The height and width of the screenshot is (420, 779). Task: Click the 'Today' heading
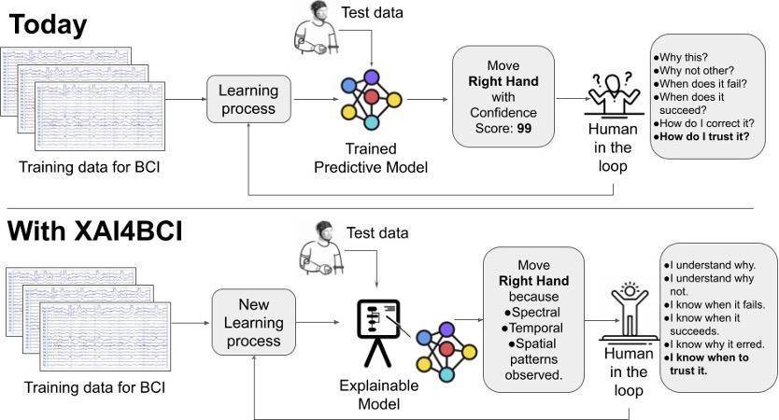[49, 25]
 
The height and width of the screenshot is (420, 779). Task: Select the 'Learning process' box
[247, 100]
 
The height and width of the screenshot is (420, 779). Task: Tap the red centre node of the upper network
[372, 96]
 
